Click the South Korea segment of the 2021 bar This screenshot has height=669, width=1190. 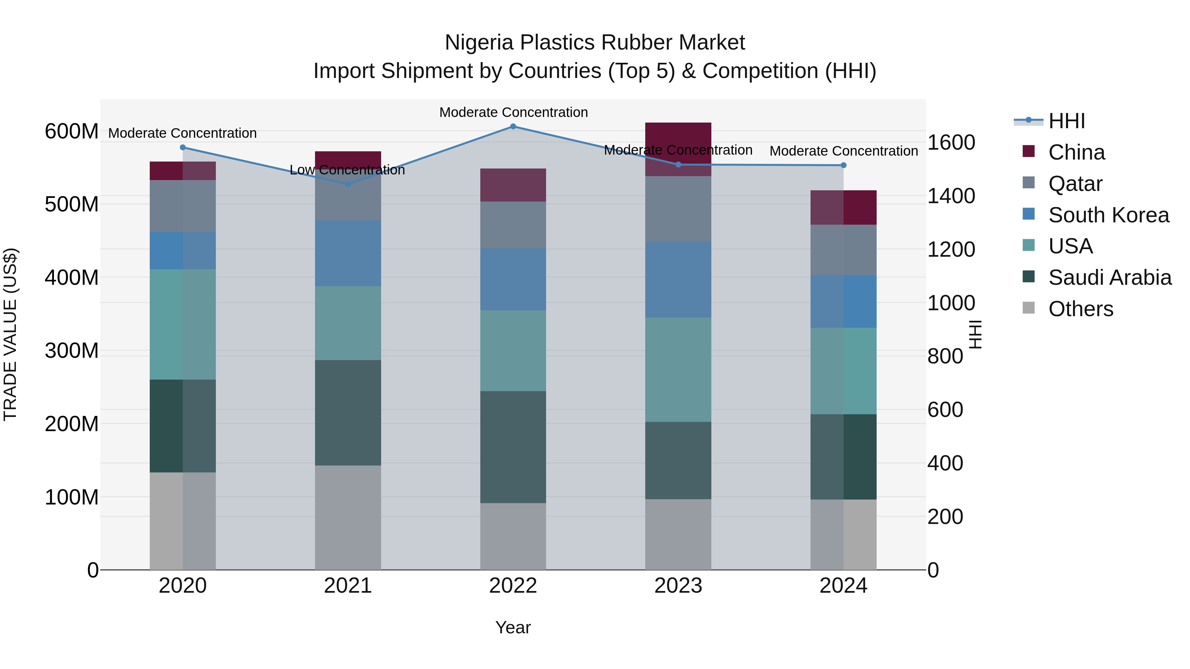348,253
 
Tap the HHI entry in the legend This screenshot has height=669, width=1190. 1066,121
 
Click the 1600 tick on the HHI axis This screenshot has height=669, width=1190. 951,143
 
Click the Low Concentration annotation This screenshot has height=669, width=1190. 347,170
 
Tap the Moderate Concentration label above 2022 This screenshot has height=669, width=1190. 513,112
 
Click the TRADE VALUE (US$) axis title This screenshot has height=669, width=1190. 10,334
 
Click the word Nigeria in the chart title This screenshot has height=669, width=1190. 479,43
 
